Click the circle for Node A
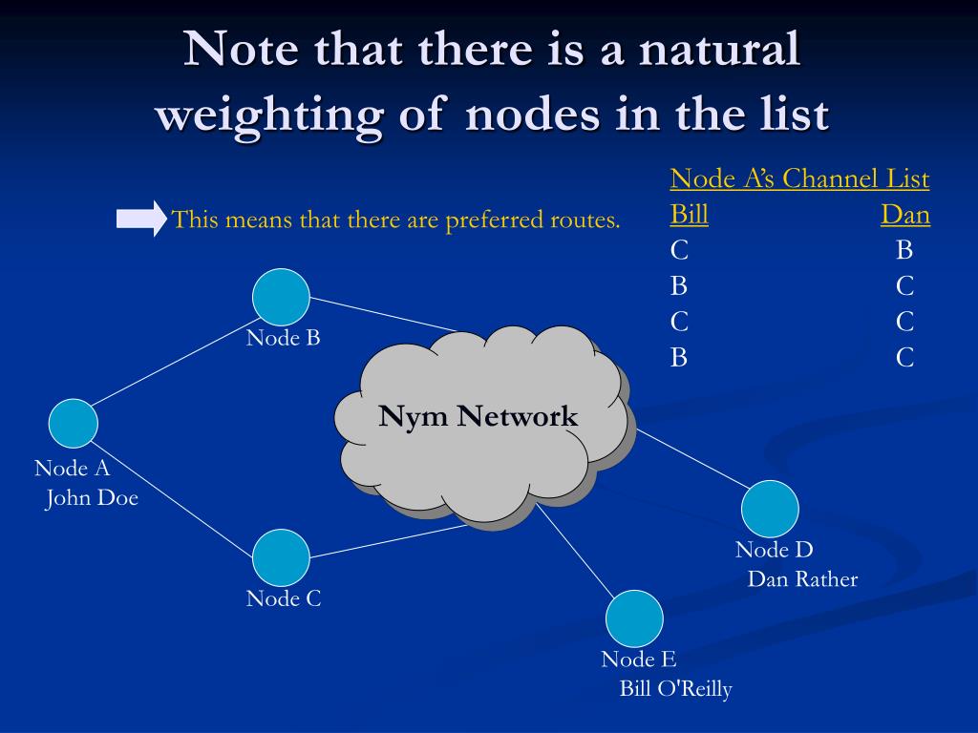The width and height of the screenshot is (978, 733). pyautogui.click(x=74, y=424)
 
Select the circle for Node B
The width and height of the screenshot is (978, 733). pyautogui.click(x=281, y=296)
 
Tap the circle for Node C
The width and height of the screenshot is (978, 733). pyautogui.click(x=281, y=557)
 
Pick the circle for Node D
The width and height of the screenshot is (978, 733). pyautogui.click(x=770, y=509)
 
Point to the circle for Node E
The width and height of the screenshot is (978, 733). pyautogui.click(x=634, y=618)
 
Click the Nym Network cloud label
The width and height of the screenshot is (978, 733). pyautogui.click(x=478, y=416)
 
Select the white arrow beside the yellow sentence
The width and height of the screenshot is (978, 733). pyautogui.click(x=140, y=220)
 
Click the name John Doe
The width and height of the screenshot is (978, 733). pyautogui.click(x=92, y=498)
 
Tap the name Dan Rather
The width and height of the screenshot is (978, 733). pyautogui.click(x=802, y=579)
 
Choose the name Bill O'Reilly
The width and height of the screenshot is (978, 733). pyautogui.click(x=675, y=689)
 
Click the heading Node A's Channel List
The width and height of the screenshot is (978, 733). pyautogui.click(x=799, y=178)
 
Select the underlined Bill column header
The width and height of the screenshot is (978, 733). pyautogui.click(x=689, y=215)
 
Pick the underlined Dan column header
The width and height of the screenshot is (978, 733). pyautogui.click(x=904, y=215)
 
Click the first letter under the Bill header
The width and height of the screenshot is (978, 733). pyautogui.click(x=679, y=250)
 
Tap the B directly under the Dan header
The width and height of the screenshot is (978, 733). pyautogui.click(x=904, y=250)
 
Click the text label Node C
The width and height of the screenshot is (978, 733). pyautogui.click(x=284, y=598)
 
